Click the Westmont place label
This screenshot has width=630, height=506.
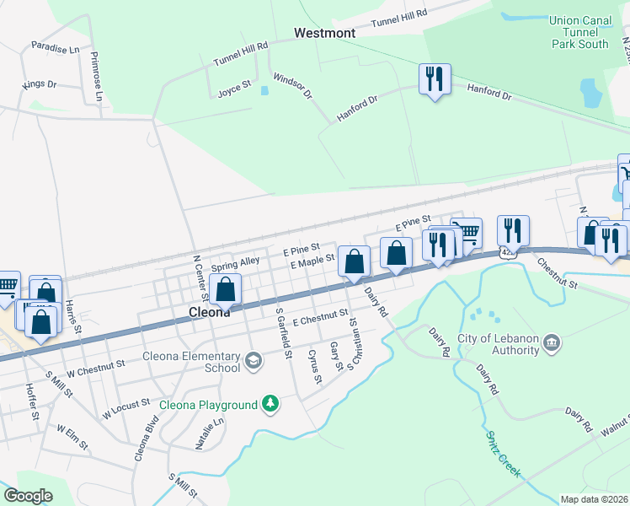point(324,33)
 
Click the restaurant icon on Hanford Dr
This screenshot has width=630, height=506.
point(435,80)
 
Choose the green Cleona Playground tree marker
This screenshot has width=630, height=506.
point(270,405)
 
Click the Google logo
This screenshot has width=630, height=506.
point(28,495)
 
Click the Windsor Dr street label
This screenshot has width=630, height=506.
point(292,83)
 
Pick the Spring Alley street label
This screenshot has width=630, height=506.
point(235,262)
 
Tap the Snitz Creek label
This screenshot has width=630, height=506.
point(502,452)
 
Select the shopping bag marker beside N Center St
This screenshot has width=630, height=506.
point(225,290)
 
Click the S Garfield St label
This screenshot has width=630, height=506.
point(283,332)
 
